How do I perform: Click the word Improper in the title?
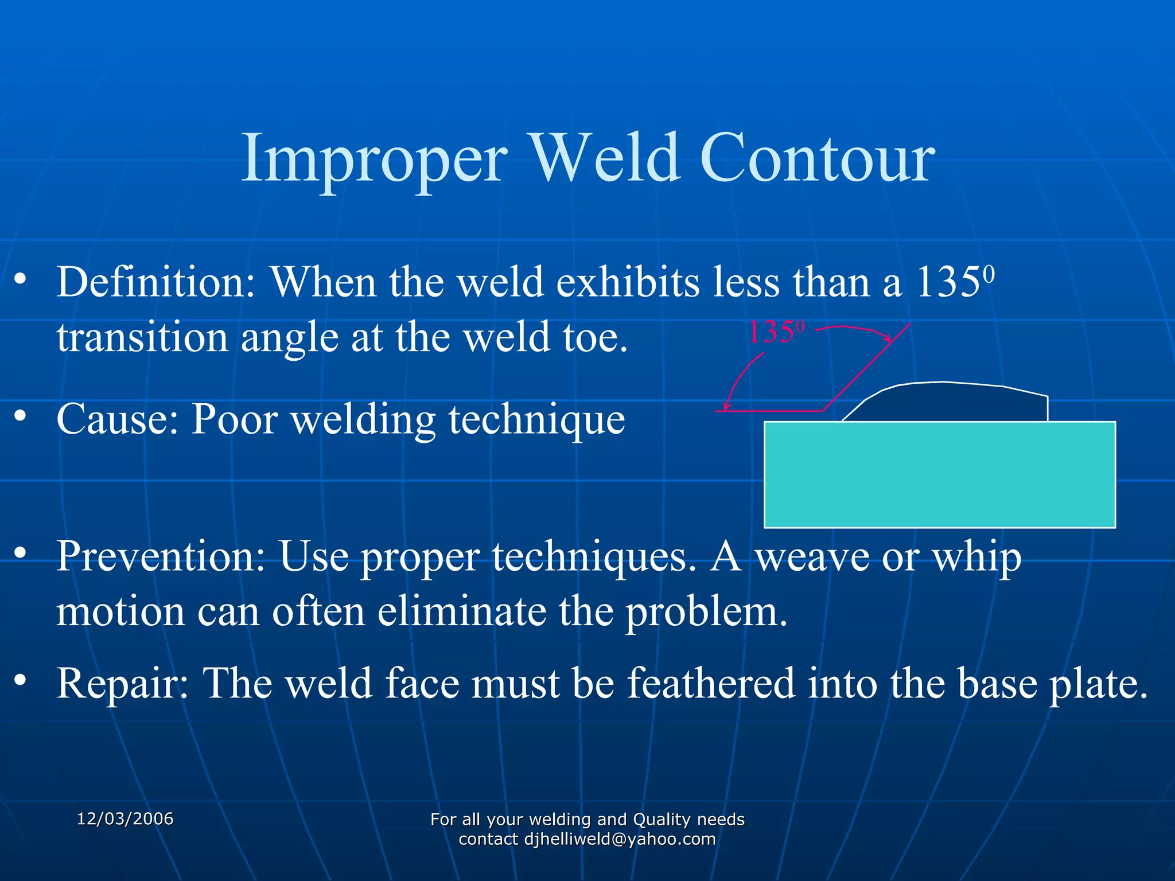(x=375, y=159)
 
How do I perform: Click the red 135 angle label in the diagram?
(x=772, y=333)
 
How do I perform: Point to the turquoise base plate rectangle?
(x=939, y=474)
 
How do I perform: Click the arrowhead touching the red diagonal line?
(x=888, y=338)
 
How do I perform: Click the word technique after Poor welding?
(x=536, y=420)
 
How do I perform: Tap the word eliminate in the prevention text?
(x=461, y=611)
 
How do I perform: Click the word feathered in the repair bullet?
(x=711, y=684)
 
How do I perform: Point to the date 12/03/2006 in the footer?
(x=125, y=819)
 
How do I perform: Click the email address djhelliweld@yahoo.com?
(x=620, y=839)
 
